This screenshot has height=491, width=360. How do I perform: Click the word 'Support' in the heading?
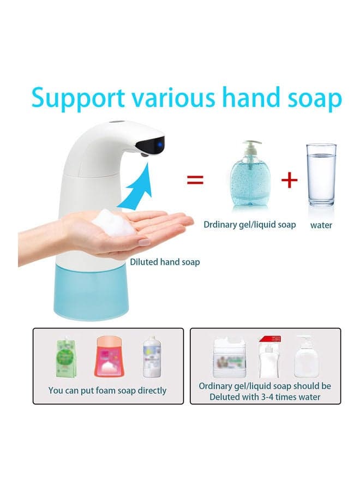[x=78, y=98]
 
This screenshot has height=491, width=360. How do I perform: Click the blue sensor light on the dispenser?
[x=159, y=145]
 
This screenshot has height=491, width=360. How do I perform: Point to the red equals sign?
[x=195, y=179]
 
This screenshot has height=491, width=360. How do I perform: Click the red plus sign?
[x=289, y=179]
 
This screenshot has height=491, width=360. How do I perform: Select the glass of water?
[x=321, y=175]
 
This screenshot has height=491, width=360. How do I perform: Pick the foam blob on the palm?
[x=113, y=223]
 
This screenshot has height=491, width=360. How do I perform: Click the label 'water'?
[x=321, y=225]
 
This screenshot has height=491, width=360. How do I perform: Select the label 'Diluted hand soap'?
[x=165, y=262]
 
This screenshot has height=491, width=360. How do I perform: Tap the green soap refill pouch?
[x=66, y=357]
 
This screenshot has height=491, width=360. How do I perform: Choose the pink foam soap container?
[x=109, y=356]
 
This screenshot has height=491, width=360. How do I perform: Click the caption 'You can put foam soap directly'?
[x=107, y=391]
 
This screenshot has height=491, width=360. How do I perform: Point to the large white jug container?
[x=230, y=357]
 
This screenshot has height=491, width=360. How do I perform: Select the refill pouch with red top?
[x=269, y=357]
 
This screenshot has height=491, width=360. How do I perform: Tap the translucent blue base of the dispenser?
[x=91, y=292]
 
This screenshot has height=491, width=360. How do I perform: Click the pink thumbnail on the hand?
[x=145, y=242]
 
